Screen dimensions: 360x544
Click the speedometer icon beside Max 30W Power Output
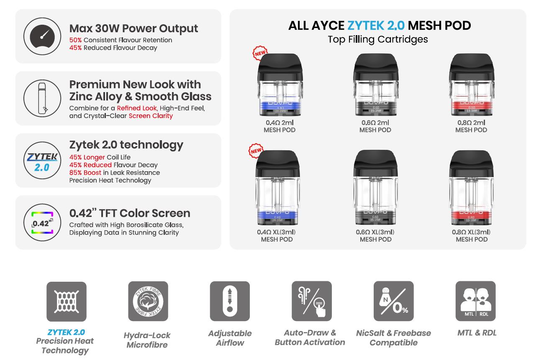tap(42, 36)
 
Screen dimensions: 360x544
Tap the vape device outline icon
tap(42, 98)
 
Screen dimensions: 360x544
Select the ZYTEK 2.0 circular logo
tap(42, 161)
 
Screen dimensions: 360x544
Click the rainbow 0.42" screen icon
tap(42, 222)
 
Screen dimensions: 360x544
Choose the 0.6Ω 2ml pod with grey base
tap(375, 86)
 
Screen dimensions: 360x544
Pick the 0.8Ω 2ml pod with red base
tap(471, 86)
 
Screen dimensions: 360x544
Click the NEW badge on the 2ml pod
tap(260, 53)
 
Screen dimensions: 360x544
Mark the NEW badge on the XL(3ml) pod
tap(256, 150)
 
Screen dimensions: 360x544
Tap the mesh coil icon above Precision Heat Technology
tap(66, 301)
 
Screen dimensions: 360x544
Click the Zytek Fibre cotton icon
tap(148, 301)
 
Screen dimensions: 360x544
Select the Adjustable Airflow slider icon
tap(230, 301)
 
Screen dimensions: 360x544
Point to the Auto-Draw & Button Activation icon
tap(311, 301)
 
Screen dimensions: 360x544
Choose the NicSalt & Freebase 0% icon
tap(393, 301)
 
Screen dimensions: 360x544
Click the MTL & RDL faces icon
tap(475, 301)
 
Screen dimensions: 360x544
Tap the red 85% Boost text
tap(85, 172)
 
